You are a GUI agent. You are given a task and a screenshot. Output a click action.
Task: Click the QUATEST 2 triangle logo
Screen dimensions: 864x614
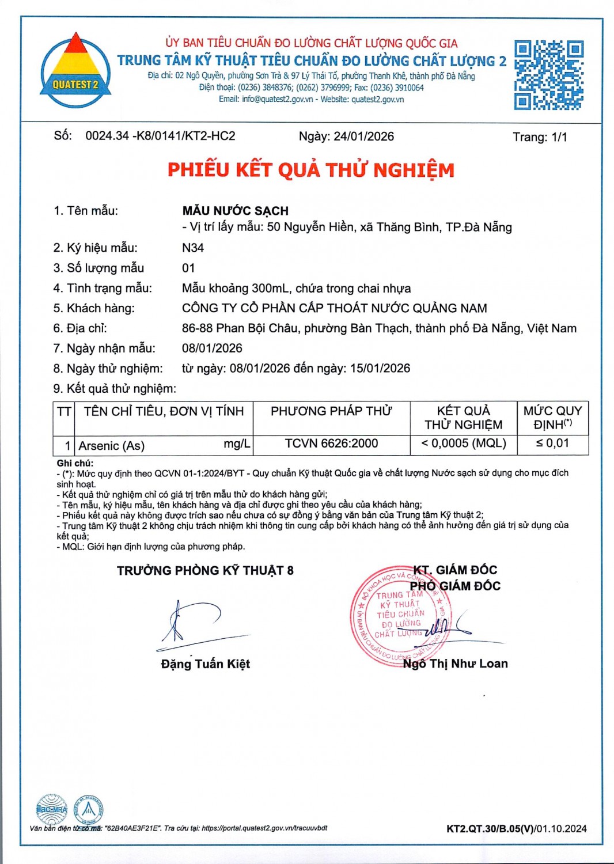(75, 71)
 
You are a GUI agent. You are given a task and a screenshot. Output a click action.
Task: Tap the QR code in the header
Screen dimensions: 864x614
(548, 75)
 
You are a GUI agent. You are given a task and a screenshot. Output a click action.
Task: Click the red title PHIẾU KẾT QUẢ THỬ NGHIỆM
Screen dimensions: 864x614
(310, 170)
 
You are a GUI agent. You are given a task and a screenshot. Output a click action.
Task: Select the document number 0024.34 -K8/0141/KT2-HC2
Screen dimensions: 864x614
(160, 136)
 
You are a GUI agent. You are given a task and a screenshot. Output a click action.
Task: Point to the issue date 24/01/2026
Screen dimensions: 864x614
(364, 137)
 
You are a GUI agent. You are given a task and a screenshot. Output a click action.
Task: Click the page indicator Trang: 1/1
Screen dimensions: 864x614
(540, 137)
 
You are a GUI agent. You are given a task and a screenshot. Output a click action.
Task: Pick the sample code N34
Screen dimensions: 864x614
(193, 248)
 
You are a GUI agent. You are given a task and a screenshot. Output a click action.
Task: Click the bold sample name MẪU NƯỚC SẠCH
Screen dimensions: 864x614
(235, 211)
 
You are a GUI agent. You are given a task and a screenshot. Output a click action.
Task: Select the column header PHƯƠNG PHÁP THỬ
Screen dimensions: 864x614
(331, 411)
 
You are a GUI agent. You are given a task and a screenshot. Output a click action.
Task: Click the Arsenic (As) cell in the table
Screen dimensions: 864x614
(112, 445)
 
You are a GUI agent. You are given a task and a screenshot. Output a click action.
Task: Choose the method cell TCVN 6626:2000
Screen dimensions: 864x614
(331, 444)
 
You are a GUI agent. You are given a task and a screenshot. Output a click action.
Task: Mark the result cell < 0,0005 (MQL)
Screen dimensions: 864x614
(463, 444)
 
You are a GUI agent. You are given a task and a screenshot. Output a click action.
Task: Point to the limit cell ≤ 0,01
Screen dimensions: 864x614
(552, 444)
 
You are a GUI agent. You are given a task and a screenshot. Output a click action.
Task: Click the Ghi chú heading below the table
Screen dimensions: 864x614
(75, 463)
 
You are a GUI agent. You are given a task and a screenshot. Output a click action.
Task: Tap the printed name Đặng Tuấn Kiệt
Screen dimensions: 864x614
(205, 664)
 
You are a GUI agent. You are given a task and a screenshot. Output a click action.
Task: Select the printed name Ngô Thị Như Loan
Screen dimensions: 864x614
(455, 664)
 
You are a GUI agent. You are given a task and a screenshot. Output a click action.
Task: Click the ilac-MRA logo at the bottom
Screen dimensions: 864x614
(52, 809)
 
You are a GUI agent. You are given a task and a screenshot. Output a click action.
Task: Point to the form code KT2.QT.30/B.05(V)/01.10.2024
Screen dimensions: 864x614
(516, 828)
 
